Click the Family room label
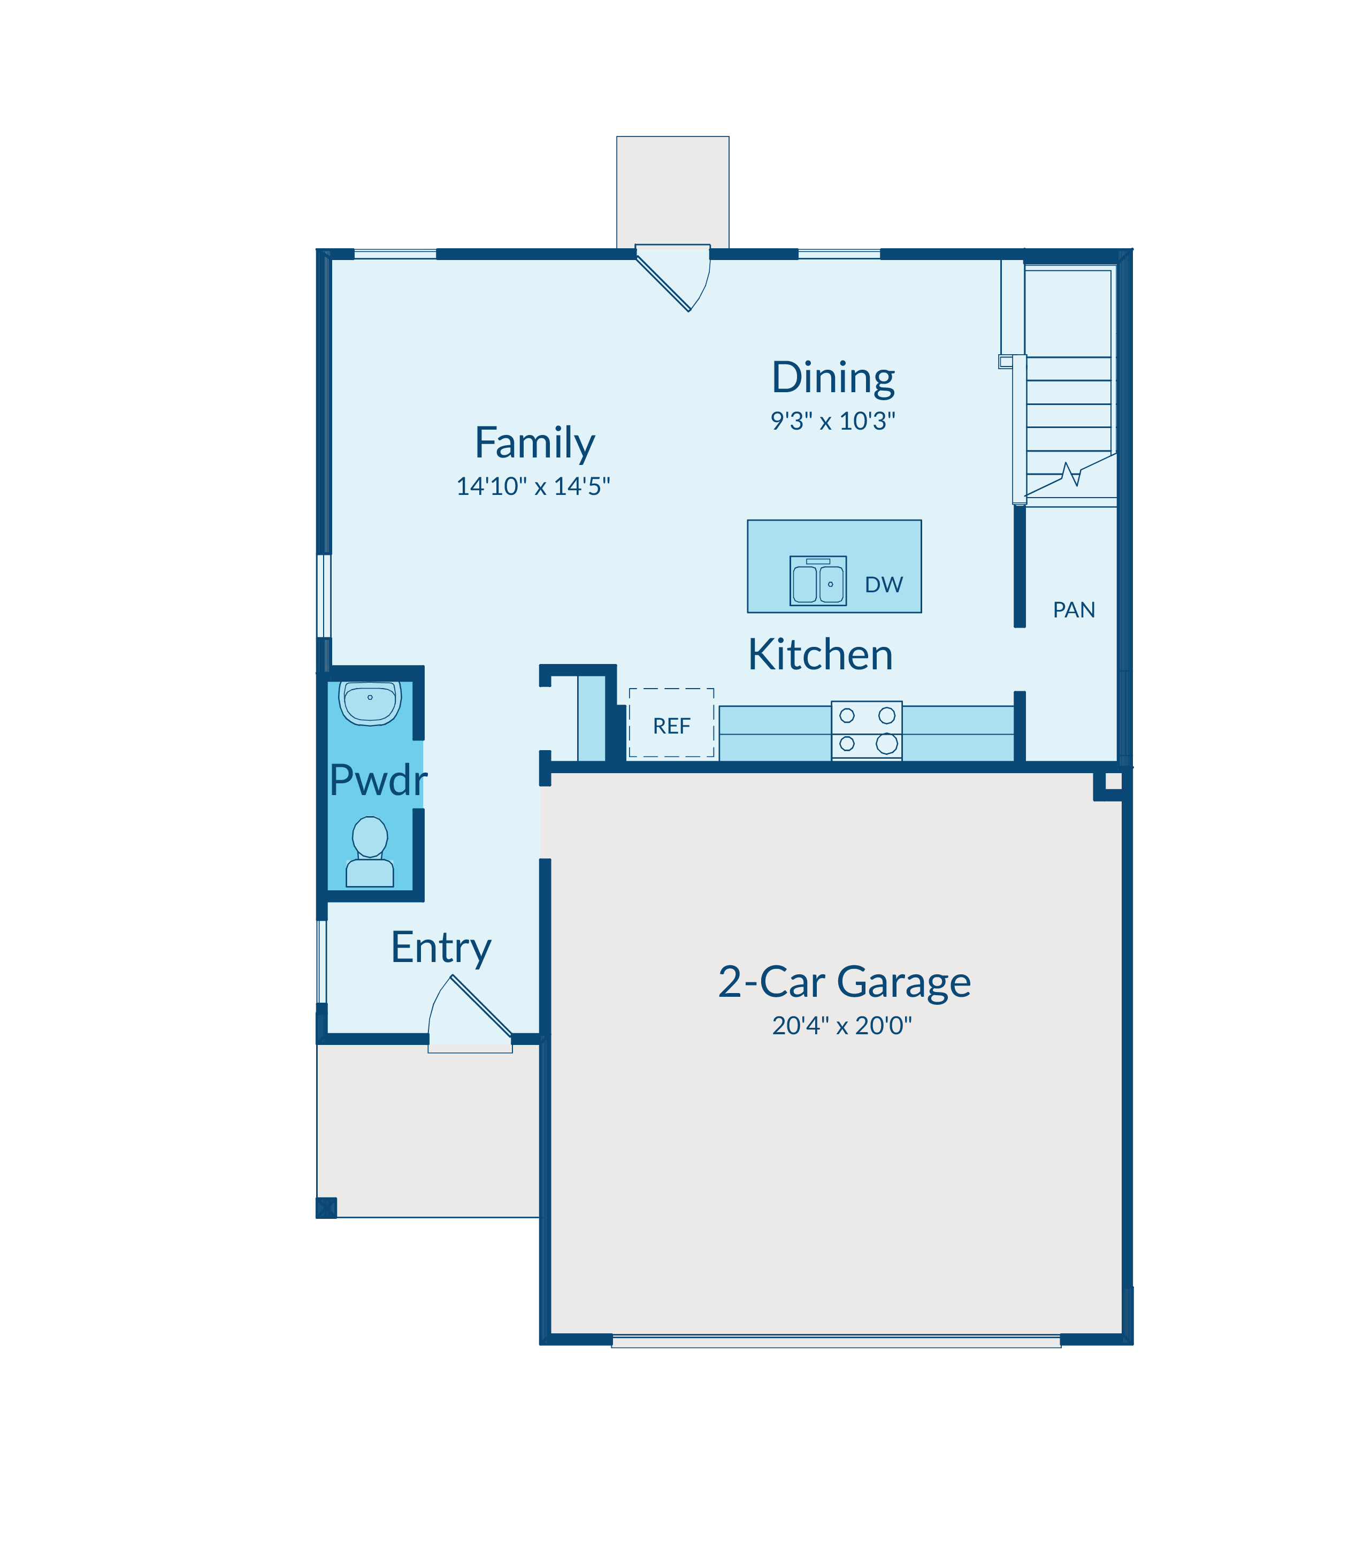coord(534,443)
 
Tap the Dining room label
coord(833,378)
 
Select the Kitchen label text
coord(821,655)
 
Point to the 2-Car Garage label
coord(844,982)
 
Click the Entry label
coord(441,949)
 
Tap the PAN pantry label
coord(1074,610)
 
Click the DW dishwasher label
coord(884,585)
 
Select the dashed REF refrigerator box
coord(671,722)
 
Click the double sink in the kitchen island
coord(818,581)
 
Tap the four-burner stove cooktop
coord(867,730)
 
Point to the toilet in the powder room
coord(370,852)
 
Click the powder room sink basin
coord(370,703)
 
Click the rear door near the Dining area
coord(673,277)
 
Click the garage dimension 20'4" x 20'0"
coord(842,1026)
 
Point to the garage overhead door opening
coord(836,1341)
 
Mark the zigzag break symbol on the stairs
coord(1072,475)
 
